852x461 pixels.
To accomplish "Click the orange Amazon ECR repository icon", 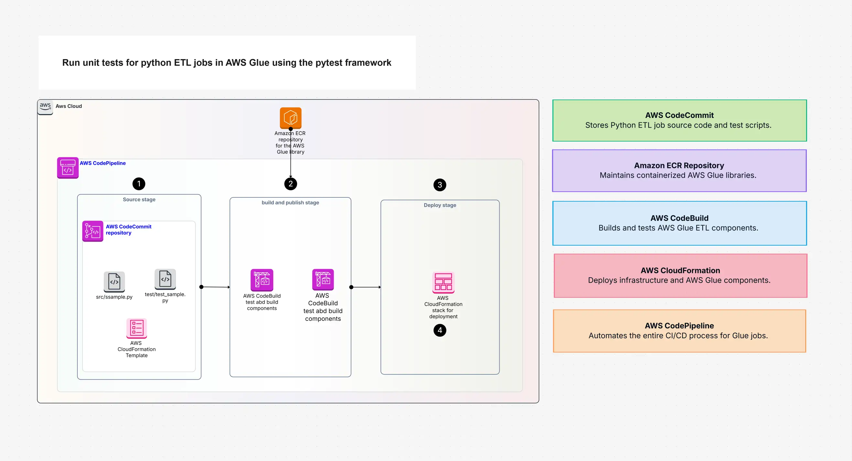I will [290, 117].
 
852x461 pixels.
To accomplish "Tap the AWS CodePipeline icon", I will [68, 168].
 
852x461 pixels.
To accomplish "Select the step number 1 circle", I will [139, 184].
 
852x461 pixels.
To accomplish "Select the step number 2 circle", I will [290, 184].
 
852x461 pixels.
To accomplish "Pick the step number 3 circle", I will [439, 185].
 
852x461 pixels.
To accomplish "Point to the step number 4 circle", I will [439, 330].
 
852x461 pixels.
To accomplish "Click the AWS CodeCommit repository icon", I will [92, 231].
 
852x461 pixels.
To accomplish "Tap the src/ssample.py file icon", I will [114, 282].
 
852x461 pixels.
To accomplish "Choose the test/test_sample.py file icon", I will [165, 279].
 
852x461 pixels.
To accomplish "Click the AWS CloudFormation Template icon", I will [136, 328].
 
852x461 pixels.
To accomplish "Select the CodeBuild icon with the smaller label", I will [262, 279].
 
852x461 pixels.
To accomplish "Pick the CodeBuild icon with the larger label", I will [323, 279].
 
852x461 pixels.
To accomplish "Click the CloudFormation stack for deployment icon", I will [443, 282].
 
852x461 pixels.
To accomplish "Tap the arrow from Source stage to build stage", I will [215, 287].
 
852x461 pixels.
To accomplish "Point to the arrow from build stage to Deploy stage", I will [366, 287].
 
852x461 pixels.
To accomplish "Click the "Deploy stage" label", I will [439, 205].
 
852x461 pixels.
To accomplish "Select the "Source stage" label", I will [139, 200].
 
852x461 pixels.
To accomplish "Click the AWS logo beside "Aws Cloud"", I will [45, 106].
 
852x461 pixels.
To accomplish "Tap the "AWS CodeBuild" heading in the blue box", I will [679, 218].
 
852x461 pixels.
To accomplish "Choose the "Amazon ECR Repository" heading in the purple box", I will [679, 165].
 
